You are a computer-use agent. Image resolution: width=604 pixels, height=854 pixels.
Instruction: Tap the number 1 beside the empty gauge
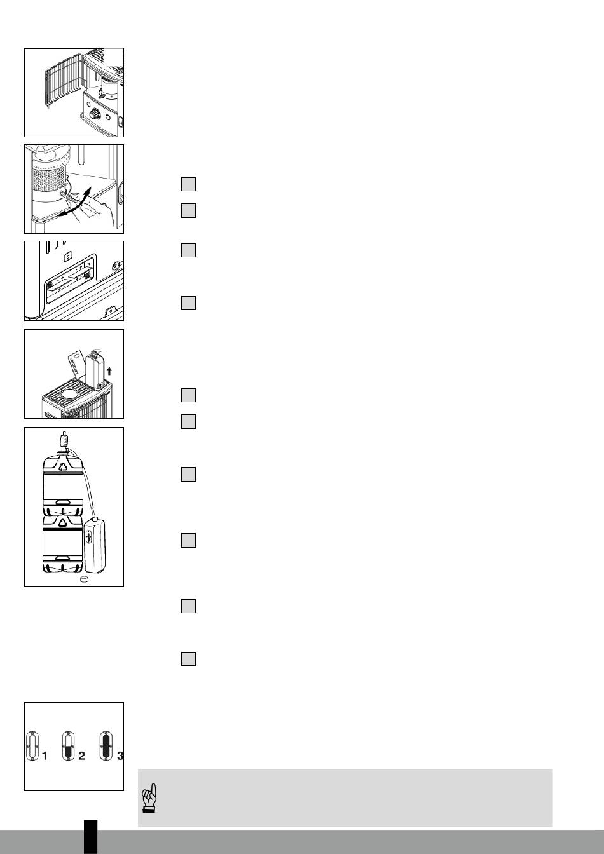[45, 756]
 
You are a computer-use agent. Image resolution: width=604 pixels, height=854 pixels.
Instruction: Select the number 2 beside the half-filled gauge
[81, 756]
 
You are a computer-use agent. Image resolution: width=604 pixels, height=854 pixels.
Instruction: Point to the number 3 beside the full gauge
[120, 756]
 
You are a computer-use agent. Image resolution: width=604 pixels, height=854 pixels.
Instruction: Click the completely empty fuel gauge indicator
[32, 746]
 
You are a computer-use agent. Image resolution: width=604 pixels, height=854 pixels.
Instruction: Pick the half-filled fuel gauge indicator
[68, 746]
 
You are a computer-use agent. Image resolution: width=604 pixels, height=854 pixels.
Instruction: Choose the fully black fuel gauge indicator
[106, 746]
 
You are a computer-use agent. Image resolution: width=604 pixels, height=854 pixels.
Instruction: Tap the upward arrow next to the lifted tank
[109, 370]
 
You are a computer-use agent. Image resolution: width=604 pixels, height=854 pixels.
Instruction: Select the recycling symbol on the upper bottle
[63, 466]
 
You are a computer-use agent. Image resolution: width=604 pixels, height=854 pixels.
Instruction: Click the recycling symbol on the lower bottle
[63, 523]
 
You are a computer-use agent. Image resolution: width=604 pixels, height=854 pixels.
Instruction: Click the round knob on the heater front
[95, 114]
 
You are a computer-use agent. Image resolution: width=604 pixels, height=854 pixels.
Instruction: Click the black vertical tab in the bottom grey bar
[91, 837]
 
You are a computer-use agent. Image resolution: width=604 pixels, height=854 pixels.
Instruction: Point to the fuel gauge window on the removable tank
[89, 537]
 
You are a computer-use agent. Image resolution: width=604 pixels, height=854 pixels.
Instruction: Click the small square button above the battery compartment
[68, 257]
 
